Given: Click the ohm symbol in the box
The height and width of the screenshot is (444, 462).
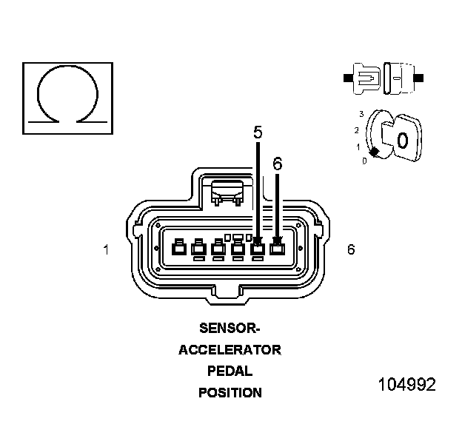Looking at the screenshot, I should [68, 95].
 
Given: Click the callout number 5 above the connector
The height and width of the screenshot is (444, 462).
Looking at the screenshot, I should [258, 133].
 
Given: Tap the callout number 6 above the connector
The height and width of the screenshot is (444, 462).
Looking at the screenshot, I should [278, 164].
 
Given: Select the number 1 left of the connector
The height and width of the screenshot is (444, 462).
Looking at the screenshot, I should [107, 250].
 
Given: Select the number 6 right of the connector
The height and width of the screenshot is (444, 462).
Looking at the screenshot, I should [351, 249].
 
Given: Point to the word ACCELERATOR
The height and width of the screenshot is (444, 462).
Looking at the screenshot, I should [230, 349].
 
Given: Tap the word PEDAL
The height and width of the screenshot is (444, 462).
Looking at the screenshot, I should [230, 371].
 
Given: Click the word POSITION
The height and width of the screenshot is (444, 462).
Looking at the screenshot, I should [230, 393].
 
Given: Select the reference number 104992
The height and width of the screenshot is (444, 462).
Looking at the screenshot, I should [406, 385].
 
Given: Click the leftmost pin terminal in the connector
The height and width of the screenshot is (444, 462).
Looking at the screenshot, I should [178, 249].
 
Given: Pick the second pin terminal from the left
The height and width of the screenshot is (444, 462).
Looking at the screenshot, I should [198, 249].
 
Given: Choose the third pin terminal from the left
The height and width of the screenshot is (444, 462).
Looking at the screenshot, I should [218, 249].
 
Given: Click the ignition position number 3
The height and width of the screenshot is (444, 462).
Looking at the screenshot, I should [361, 114].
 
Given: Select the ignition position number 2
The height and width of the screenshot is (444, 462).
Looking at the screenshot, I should [356, 130].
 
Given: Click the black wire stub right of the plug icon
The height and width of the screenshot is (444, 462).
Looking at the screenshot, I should [420, 77].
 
